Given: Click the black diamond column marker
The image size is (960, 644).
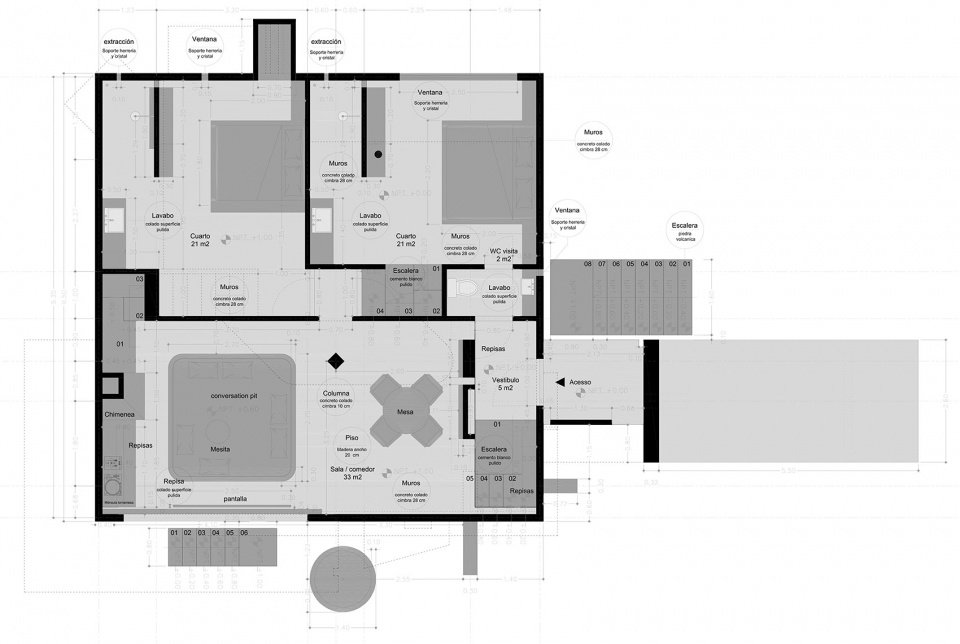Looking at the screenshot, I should tap(337, 360).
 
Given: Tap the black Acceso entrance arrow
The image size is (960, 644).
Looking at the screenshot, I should tap(558, 382).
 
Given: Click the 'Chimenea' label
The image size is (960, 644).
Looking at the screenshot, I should tap(119, 413).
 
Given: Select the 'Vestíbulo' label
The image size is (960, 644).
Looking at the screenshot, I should tap(504, 381).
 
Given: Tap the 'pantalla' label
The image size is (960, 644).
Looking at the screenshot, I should tap(235, 497).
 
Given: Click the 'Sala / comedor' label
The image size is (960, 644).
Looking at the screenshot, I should tap(353, 468).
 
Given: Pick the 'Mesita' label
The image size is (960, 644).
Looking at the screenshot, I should tap(220, 449).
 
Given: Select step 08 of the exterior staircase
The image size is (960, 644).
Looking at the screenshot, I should tap(588, 264).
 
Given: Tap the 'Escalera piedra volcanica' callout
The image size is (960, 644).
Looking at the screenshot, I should tap(686, 232).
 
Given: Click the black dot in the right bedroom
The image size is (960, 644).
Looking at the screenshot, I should tap(377, 154).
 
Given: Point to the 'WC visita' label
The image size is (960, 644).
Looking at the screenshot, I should tap(502, 250).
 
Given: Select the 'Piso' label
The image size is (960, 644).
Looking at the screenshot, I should tap(352, 438).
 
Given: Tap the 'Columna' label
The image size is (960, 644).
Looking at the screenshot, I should tap(337, 393).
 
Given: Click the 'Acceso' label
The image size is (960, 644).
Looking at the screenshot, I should tap(580, 382).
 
